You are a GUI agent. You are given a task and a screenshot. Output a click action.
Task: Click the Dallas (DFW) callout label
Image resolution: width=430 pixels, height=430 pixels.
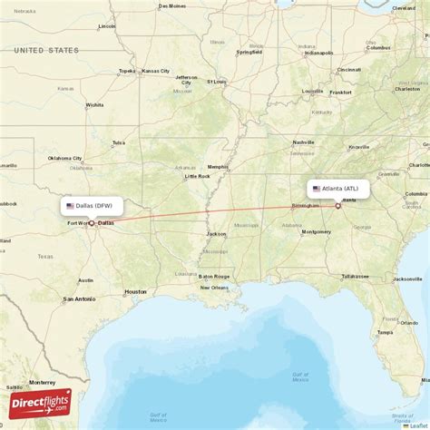[92, 206]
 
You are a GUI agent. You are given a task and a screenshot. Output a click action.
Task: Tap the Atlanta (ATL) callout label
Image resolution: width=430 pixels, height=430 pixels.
[338, 189]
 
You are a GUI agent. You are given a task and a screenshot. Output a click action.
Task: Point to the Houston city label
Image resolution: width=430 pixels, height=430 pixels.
[135, 291]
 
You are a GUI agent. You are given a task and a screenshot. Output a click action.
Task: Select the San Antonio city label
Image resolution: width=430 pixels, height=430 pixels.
[79, 298]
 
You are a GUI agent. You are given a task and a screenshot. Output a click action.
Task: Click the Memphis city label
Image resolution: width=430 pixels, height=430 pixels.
[218, 167]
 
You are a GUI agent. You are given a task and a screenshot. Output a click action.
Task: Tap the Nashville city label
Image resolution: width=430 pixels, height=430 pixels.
[303, 142]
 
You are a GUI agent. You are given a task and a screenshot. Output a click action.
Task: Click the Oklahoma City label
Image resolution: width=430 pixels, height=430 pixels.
[64, 158]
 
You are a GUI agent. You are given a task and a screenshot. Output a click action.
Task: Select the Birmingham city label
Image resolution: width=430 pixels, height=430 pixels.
[304, 206]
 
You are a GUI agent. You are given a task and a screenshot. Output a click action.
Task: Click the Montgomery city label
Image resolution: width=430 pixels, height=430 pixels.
[316, 232]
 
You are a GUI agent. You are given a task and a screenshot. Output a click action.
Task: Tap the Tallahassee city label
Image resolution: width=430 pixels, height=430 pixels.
[355, 275]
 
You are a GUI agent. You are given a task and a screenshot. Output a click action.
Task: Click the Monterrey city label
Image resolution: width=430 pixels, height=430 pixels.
[43, 383]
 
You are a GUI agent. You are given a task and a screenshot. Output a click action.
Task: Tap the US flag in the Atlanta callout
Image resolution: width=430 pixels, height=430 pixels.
[316, 189]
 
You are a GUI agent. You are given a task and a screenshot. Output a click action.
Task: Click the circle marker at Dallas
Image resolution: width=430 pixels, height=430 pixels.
[91, 222]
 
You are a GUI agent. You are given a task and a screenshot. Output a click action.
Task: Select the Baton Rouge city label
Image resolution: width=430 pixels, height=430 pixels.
[215, 276]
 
